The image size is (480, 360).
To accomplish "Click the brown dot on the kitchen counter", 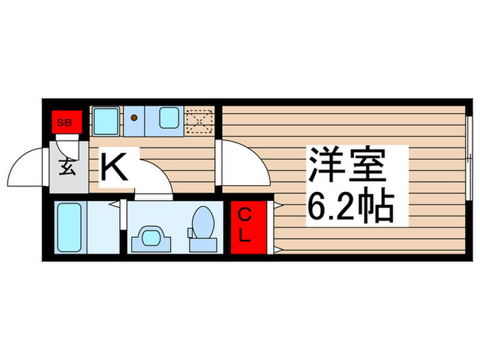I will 134,118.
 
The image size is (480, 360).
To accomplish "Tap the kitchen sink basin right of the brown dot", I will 169,119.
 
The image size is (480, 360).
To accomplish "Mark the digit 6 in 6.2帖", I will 316,208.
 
